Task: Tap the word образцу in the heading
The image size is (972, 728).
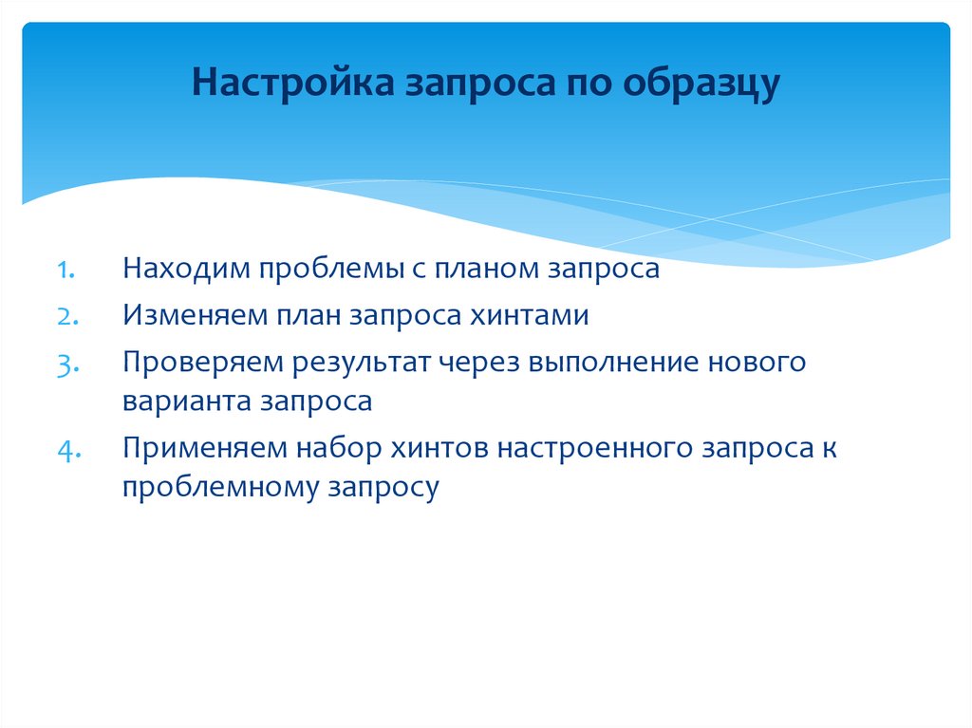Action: click(x=701, y=83)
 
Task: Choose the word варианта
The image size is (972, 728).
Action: click(x=181, y=401)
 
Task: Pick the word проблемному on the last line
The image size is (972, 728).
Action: click(x=220, y=488)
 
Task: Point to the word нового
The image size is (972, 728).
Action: click(x=758, y=364)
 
